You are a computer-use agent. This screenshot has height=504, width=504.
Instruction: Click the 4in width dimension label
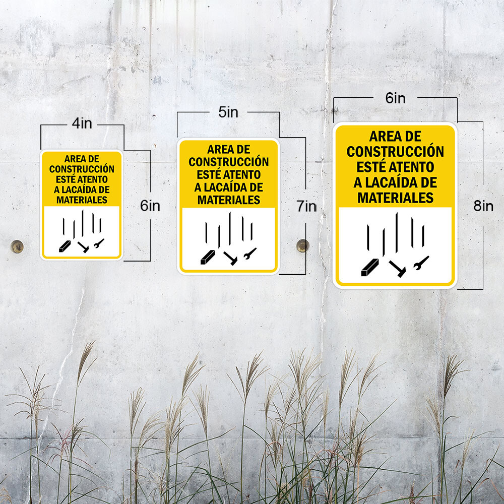[82, 123]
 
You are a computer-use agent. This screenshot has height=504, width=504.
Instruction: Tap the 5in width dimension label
[228, 112]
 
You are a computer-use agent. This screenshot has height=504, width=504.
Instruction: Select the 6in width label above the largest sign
[395, 98]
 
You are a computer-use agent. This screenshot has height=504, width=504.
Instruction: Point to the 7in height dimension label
[306, 206]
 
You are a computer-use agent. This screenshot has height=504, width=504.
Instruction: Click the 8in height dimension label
[483, 206]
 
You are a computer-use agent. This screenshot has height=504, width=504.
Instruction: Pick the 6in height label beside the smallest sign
[150, 206]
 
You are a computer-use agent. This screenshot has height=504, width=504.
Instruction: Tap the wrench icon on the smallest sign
[99, 243]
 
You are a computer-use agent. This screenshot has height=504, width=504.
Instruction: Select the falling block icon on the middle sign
[208, 257]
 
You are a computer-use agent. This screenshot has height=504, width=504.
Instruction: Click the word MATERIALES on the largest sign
[395, 198]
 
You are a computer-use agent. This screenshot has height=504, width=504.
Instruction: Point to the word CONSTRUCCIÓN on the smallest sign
[82, 169]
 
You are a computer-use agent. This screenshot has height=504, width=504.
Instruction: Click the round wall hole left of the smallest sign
[17, 246]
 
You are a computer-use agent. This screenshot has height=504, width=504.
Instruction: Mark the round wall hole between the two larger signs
[303, 245]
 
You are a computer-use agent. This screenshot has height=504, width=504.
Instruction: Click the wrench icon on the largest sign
[421, 263]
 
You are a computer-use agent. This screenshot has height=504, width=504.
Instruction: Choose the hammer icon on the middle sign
[230, 258]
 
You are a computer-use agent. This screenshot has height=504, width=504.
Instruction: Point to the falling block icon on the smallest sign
[65, 246]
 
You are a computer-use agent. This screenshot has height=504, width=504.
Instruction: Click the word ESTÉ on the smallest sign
[66, 179]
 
